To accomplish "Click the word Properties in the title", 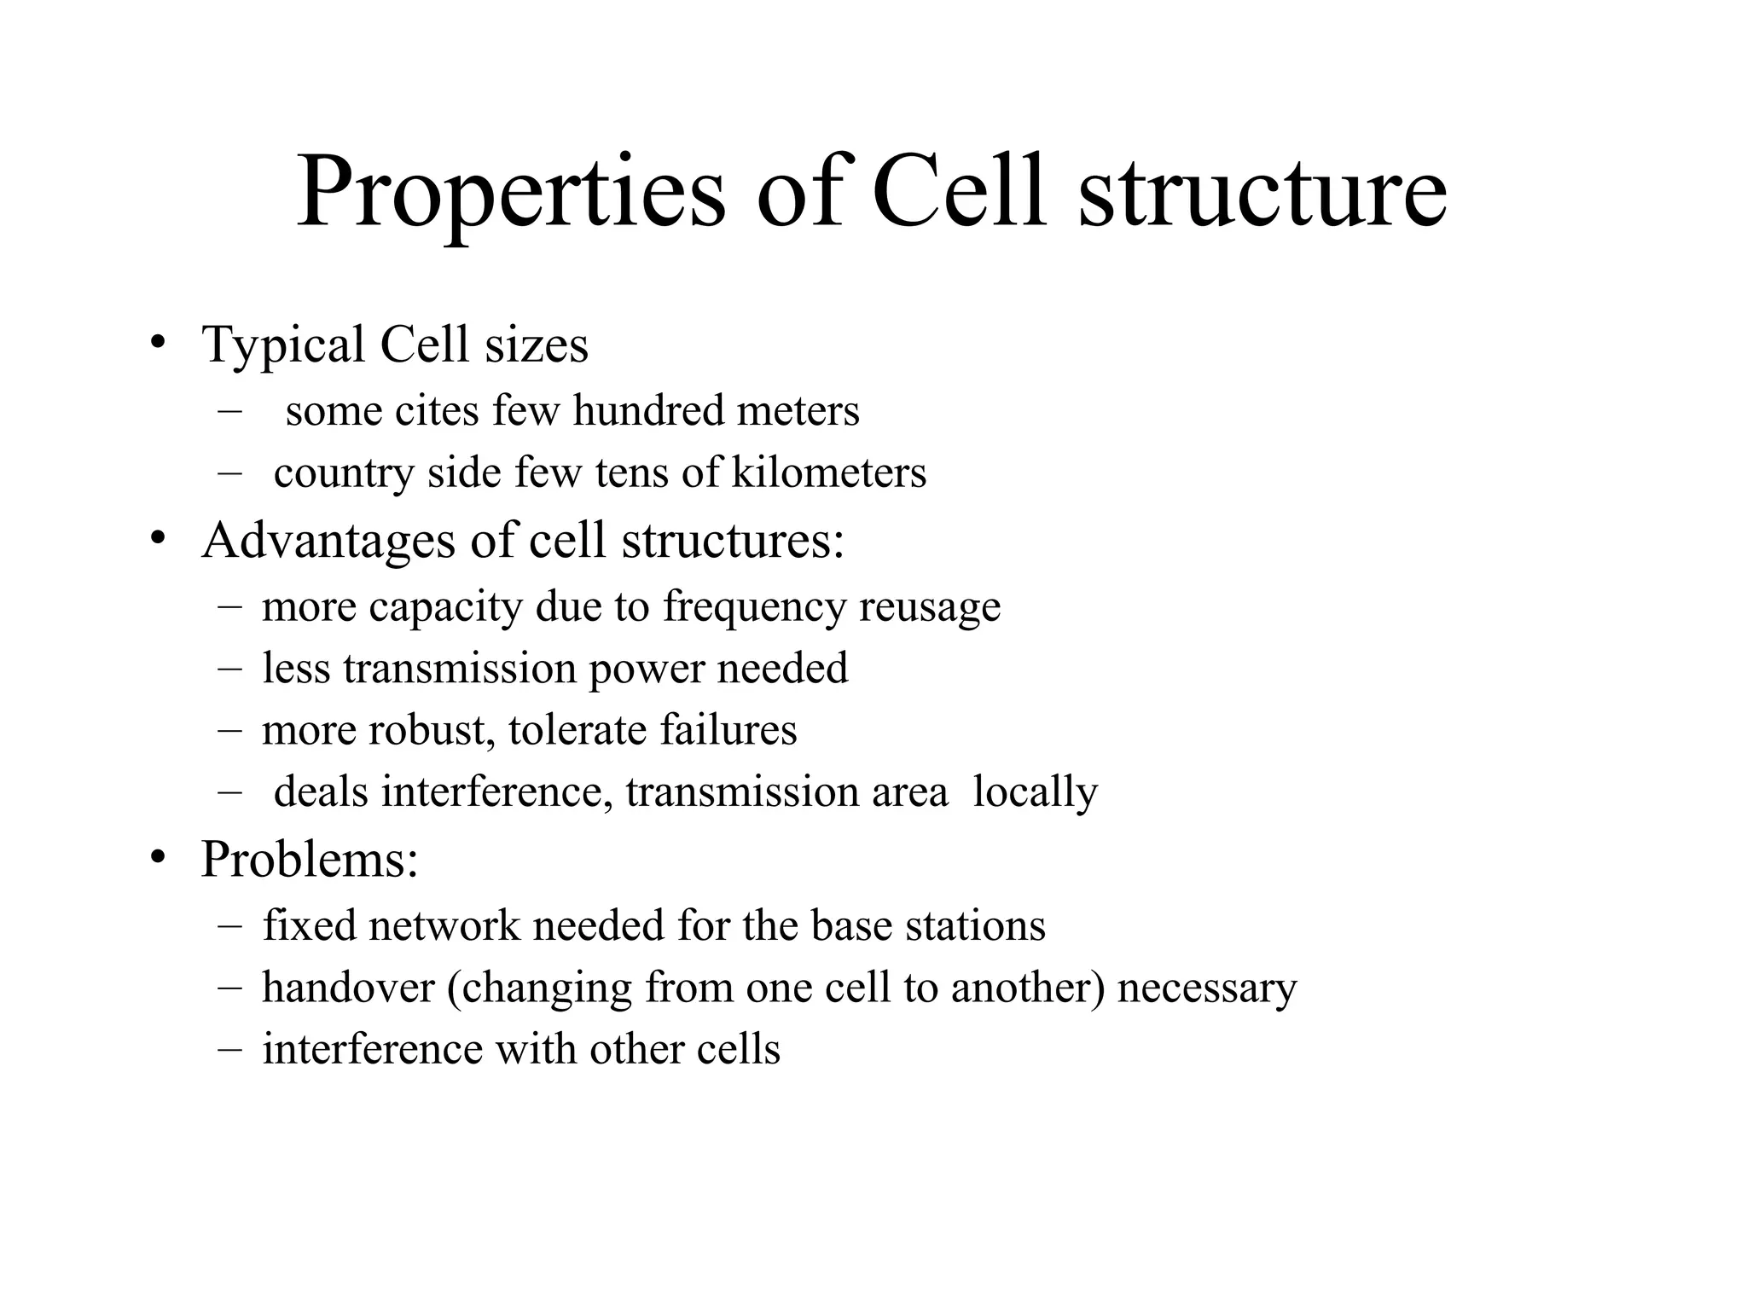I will tap(510, 194).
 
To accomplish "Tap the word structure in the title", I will tap(1262, 194).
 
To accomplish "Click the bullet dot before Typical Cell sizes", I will tap(156, 344).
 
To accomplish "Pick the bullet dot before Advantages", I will tap(156, 539).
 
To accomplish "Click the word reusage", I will tap(930, 607).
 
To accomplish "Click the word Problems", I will tap(310, 859).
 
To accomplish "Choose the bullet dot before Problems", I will tap(156, 857).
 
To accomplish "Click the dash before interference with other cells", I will tap(229, 1049).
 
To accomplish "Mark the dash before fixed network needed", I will tap(229, 925).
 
